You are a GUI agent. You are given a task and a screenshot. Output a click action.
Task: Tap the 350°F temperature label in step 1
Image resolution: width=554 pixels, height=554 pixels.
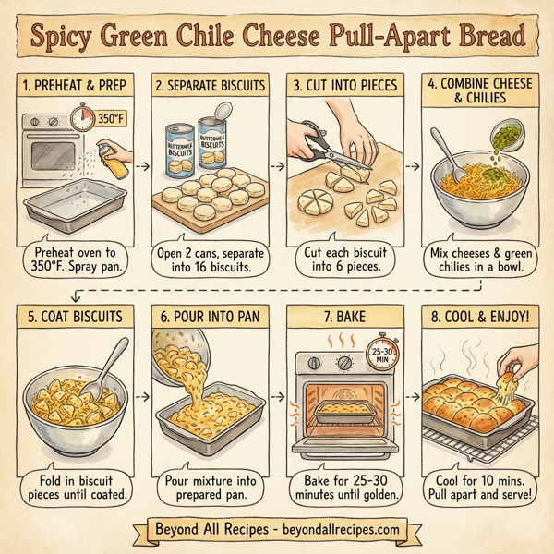pos(111,120)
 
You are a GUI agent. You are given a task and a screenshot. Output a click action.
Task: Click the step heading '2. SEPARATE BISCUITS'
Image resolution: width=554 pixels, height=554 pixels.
pos(208,85)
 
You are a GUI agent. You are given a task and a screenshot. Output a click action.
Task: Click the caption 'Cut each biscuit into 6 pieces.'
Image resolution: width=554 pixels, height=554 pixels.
pos(343,259)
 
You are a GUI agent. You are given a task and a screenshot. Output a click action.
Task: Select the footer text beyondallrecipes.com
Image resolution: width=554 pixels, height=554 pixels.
pos(339,530)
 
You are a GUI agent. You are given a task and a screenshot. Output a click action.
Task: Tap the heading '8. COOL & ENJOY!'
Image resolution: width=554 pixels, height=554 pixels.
pos(478,316)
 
